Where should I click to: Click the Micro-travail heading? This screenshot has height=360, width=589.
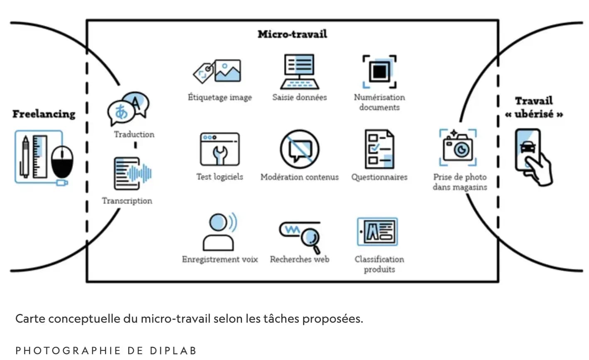(x=292, y=34)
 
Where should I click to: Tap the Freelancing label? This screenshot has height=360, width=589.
(x=44, y=114)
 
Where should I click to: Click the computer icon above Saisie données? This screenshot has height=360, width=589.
(x=299, y=72)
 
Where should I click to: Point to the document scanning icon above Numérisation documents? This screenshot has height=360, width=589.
(x=379, y=72)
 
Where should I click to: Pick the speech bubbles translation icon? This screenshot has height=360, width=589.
(x=128, y=109)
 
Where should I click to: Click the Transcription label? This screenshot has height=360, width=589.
(x=127, y=201)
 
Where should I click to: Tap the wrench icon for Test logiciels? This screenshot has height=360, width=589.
(x=220, y=150)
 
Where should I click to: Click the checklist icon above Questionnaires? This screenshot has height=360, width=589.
(x=379, y=149)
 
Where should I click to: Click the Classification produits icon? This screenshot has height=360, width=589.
(x=377, y=231)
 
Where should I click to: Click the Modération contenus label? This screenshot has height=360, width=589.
(x=299, y=177)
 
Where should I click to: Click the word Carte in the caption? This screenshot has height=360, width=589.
(x=30, y=319)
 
